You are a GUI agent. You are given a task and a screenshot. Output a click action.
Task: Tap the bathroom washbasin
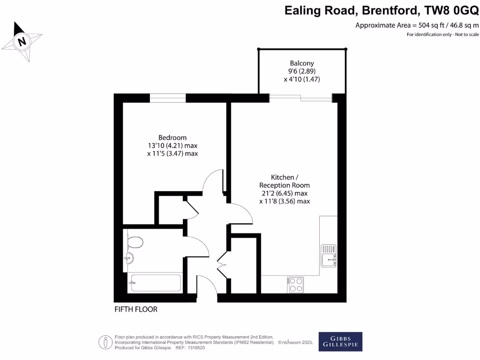[x=129, y=258]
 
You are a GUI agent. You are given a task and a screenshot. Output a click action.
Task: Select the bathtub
[x=155, y=283]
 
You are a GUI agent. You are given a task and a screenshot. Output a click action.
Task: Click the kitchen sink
[x=329, y=255]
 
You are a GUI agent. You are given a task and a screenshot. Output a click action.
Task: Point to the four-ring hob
[x=295, y=284]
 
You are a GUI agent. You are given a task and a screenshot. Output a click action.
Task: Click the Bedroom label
[x=172, y=137]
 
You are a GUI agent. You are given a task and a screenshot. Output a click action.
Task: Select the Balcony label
[x=302, y=63]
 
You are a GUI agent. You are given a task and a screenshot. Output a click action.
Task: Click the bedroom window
[x=167, y=97]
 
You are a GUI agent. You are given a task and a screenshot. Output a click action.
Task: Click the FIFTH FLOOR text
[x=136, y=309]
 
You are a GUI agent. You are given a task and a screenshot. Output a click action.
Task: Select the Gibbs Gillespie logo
[x=340, y=342]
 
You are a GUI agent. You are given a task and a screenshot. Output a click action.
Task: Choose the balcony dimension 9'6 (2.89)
[x=302, y=71]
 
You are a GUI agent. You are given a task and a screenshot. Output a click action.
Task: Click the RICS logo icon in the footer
[x=105, y=342]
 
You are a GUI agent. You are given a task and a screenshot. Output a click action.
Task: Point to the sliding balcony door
[x=300, y=97]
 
